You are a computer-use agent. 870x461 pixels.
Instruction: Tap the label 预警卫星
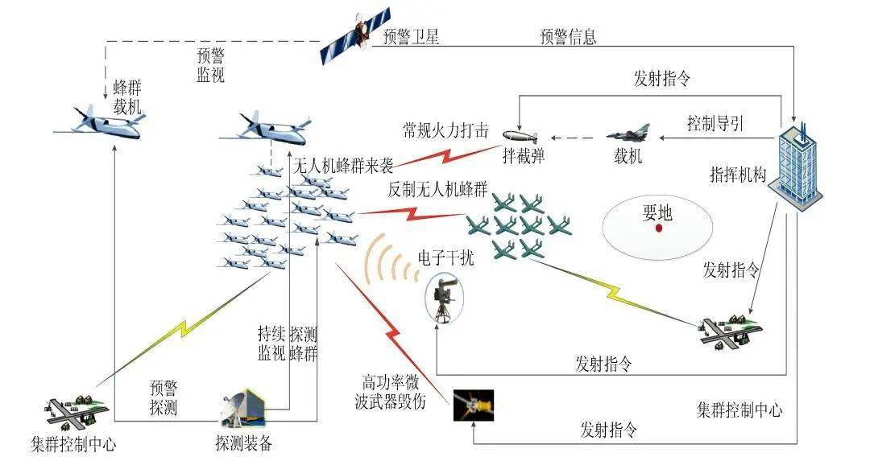pos(411,36)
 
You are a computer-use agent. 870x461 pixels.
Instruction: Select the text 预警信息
pos(568,36)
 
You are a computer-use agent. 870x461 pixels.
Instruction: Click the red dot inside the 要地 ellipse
pos(659,228)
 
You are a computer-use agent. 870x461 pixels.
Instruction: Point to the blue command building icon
pos(797,167)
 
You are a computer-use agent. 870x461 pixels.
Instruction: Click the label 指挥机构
pos(738,175)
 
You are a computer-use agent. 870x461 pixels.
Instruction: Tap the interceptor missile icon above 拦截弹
pos(520,136)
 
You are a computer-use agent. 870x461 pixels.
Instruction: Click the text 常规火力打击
pos(445,130)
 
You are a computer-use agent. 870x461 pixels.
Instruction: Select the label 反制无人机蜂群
pos(437,190)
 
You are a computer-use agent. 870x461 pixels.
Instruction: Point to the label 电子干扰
pos(445,257)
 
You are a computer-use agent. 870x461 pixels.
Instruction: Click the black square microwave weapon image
pos(474,405)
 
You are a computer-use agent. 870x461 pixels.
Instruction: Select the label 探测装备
pos(244,442)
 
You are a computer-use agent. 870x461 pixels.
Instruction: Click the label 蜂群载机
pos(127,97)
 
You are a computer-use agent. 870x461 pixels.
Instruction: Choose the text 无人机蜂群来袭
pos(343,165)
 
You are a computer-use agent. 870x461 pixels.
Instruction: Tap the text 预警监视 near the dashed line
pos(210,65)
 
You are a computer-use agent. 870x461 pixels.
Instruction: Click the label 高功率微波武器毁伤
pos(391,391)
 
